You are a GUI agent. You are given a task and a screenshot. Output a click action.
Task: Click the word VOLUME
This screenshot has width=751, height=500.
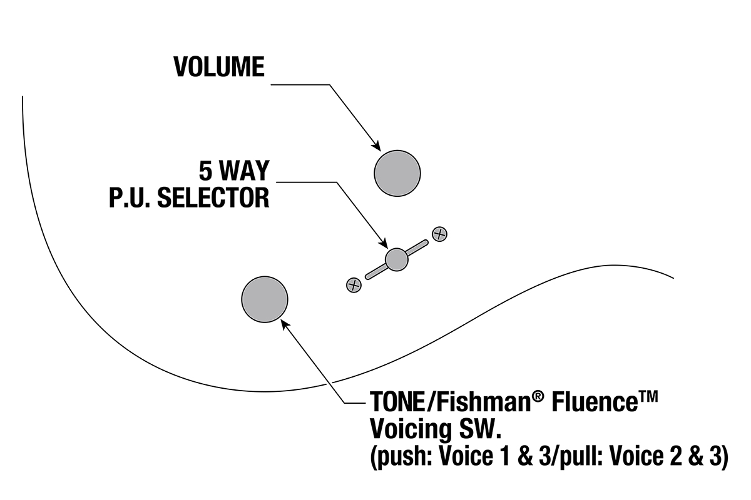coord(219,67)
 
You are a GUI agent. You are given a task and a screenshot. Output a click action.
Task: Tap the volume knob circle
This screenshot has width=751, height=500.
coord(397,173)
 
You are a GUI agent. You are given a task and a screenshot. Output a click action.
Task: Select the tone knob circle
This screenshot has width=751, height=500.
coord(265,299)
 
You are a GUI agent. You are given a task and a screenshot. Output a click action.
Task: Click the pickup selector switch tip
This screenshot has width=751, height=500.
coord(397,259)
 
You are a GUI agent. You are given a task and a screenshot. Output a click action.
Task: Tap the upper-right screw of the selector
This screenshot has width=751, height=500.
coord(440,234)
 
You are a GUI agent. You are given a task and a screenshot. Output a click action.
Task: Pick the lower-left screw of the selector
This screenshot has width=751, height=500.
coord(354,285)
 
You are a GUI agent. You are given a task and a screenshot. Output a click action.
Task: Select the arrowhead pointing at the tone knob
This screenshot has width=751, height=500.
coord(286,324)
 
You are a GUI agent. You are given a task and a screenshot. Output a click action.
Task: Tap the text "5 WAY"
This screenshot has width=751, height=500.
coord(233,171)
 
